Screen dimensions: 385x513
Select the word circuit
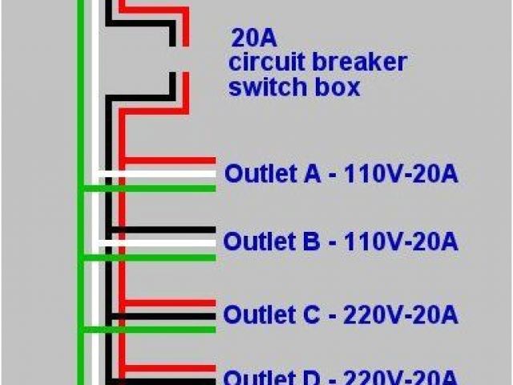pyautogui.click(x=268, y=63)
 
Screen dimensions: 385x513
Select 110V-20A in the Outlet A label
pyautogui.click(x=401, y=174)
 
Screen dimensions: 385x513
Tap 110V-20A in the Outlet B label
pyautogui.click(x=401, y=241)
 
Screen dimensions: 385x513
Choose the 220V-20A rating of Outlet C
pyautogui.click(x=401, y=314)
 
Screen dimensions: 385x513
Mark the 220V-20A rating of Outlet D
pyautogui.click(x=401, y=377)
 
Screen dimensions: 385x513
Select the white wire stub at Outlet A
pyautogui.click(x=160, y=173)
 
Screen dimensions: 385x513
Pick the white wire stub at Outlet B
pyautogui.click(x=160, y=242)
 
